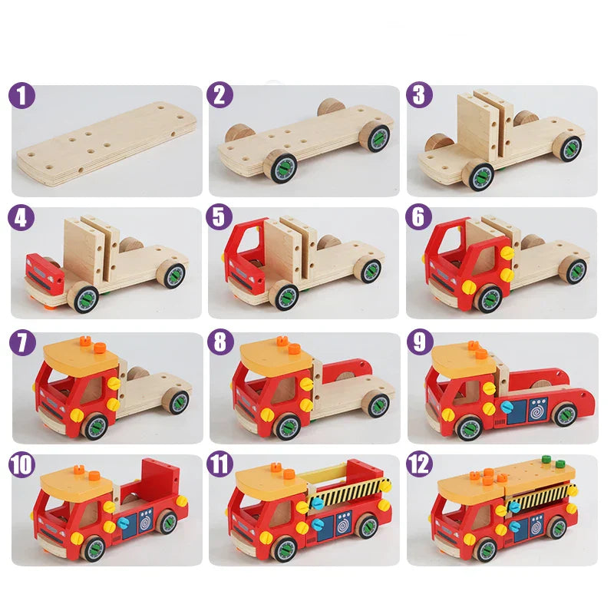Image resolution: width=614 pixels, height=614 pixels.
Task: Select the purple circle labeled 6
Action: pyautogui.click(x=419, y=218)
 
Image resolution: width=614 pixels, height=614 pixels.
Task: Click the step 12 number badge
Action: pyautogui.click(x=419, y=464)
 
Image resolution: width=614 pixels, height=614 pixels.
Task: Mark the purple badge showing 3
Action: pyautogui.click(x=419, y=96)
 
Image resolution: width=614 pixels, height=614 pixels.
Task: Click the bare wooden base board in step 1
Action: pyautogui.click(x=107, y=142)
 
